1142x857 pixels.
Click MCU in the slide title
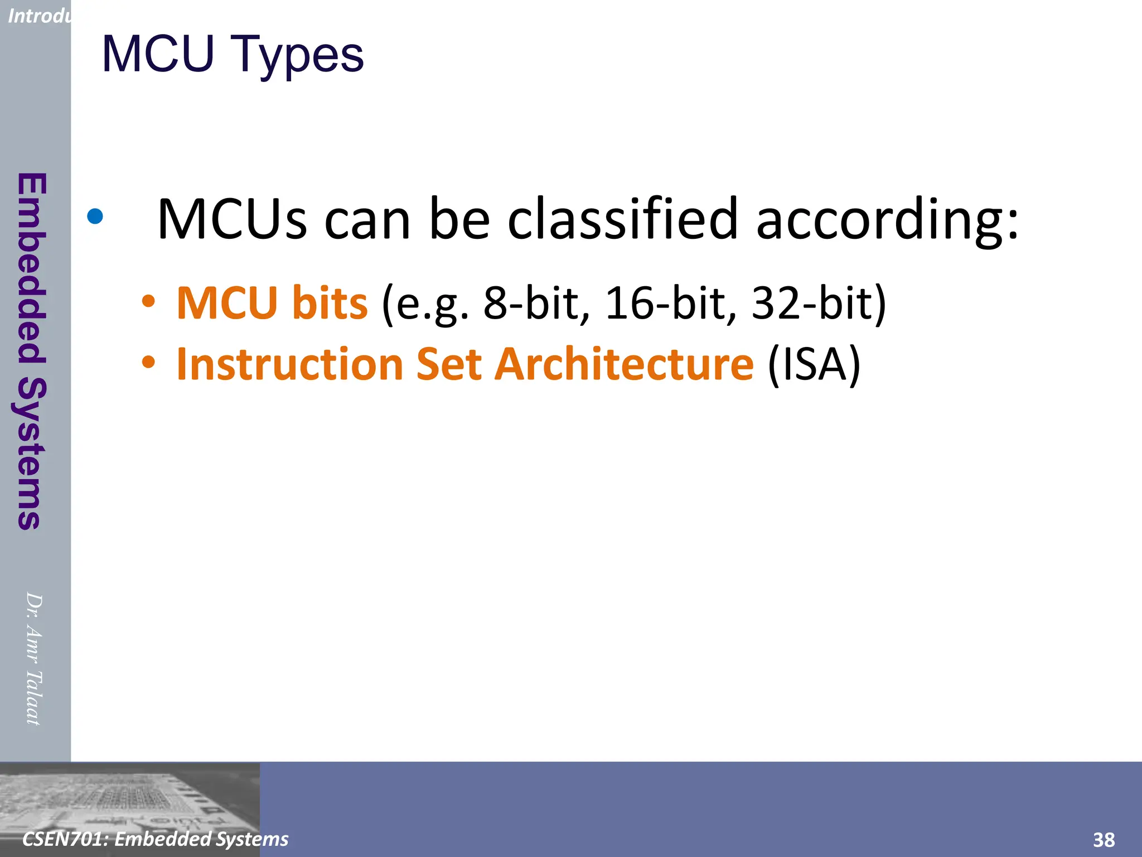[158, 54]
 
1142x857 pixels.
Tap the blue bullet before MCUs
[95, 216]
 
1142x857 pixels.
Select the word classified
[623, 219]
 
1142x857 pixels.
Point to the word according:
[887, 220]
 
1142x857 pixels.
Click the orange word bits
[330, 303]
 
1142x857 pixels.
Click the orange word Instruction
[290, 364]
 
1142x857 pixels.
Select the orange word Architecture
[625, 364]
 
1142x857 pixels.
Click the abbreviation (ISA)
[814, 364]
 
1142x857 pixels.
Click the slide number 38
[1104, 840]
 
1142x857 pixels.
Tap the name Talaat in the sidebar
[33, 697]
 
